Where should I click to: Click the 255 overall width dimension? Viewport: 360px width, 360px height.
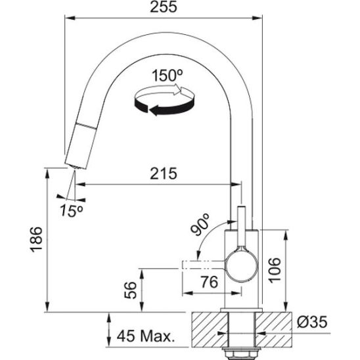pyautogui.click(x=164, y=7)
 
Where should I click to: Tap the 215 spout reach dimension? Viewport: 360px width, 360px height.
pyautogui.click(x=164, y=173)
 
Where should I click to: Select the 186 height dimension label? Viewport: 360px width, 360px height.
pyautogui.click(x=37, y=240)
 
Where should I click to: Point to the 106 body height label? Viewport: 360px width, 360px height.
pyautogui.click(x=275, y=271)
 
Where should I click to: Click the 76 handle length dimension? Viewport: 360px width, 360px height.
pyautogui.click(x=209, y=282)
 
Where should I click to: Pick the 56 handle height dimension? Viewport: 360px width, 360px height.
pyautogui.click(x=130, y=290)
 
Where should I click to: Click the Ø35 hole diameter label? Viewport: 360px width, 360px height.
pyautogui.click(x=312, y=322)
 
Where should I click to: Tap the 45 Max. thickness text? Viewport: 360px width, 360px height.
pyautogui.click(x=145, y=336)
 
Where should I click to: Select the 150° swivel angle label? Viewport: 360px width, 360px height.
pyautogui.click(x=168, y=76)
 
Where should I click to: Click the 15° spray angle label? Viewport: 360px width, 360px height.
pyautogui.click(x=72, y=211)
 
